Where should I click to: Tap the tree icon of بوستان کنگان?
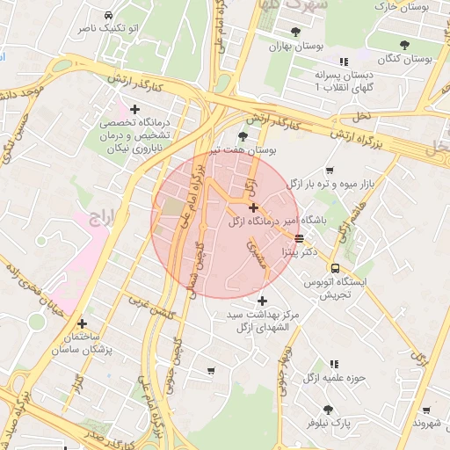click(x=404, y=44)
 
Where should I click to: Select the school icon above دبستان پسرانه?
click(x=344, y=62)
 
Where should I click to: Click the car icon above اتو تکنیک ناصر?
click(x=107, y=16)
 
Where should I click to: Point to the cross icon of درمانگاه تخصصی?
click(x=134, y=109)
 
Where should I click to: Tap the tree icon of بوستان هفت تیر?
click(x=243, y=135)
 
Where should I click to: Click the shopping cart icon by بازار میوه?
click(x=330, y=171)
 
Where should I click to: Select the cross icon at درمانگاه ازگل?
click(x=254, y=208)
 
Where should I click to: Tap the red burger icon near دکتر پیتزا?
click(x=300, y=238)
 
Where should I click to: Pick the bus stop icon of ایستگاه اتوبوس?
click(x=335, y=268)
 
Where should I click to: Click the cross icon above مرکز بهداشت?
click(x=261, y=301)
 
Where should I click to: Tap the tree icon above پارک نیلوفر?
click(x=328, y=410)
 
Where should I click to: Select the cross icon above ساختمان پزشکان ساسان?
click(x=83, y=323)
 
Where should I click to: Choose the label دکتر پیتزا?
click(x=297, y=251)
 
